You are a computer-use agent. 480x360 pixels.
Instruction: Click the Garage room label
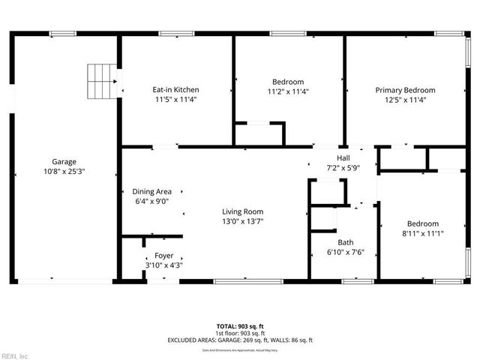(64, 161)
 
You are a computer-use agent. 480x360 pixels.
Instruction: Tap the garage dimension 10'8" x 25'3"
(64, 171)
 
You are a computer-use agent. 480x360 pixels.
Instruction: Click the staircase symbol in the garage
(103, 81)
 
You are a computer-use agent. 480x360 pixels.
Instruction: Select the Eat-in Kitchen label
(176, 89)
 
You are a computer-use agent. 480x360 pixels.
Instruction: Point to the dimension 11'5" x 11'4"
(176, 99)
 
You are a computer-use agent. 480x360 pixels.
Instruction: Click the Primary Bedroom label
(405, 89)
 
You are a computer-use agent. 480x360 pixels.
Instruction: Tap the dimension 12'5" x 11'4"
(405, 99)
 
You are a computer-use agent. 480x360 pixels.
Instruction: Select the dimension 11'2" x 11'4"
(288, 91)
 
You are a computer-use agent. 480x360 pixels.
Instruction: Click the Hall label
(343, 157)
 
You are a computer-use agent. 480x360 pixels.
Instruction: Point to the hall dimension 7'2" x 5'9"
(343, 167)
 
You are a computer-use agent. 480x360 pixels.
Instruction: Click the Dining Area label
(152, 191)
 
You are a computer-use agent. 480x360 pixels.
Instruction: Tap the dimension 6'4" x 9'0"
(152, 201)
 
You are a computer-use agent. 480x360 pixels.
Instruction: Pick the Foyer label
(163, 255)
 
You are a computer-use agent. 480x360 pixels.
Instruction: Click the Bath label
(345, 241)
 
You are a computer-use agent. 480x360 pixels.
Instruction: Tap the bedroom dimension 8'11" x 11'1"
(423, 233)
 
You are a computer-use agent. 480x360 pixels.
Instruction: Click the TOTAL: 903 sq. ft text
(240, 326)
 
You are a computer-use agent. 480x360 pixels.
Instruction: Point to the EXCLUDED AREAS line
(240, 340)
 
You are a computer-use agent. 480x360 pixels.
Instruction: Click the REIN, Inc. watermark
(15, 355)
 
